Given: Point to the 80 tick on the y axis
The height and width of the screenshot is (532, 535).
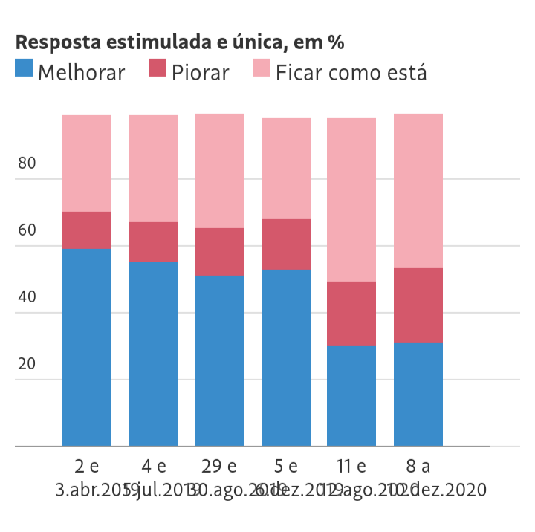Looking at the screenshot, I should point(27,164).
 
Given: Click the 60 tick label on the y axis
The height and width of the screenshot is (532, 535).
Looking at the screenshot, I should point(27,231).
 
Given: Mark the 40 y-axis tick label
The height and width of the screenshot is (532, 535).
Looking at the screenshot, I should point(27,298).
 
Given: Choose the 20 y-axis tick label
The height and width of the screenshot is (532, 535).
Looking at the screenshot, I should point(27,365).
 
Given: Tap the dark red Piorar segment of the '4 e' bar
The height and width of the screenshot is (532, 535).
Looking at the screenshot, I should point(154,242).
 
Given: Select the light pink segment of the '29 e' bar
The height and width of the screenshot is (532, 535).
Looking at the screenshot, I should point(219,171).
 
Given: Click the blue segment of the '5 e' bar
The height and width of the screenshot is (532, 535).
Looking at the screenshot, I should point(286,357).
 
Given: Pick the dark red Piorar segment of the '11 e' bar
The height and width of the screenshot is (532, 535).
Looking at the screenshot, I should point(351,314).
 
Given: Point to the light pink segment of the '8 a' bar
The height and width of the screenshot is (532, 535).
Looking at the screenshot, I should point(418,191).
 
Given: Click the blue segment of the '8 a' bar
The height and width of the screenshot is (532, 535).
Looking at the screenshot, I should point(418,394).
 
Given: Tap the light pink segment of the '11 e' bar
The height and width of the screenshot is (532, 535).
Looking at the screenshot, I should point(351,200).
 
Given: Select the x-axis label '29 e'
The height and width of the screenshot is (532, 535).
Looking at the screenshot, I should point(219,467).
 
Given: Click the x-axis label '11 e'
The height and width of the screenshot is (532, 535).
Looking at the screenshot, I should point(351,467).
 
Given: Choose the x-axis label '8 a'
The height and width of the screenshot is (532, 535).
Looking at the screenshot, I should point(418,467).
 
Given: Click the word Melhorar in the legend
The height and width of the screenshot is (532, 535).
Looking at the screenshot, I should point(81,73).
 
